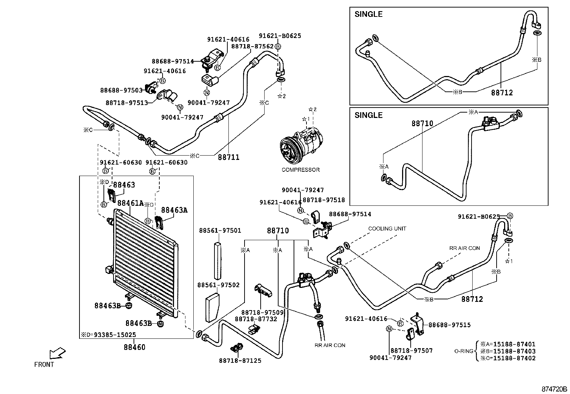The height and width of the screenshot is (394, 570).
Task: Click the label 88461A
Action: [130, 203]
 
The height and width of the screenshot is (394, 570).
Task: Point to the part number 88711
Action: [228, 157]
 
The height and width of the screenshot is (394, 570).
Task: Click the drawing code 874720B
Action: [554, 389]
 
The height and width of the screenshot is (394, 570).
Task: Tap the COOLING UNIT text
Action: [387, 229]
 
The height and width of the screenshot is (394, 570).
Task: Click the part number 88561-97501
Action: [220, 231]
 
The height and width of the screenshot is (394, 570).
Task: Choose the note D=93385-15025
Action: [108, 335]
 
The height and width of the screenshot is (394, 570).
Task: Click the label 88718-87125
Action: [240, 361]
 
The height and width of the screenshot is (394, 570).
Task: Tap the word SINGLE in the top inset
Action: [368, 14]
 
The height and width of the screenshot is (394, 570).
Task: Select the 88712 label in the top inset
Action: [502, 92]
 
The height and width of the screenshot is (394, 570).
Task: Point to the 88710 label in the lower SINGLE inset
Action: [422, 123]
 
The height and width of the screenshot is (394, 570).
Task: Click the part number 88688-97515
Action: [449, 325]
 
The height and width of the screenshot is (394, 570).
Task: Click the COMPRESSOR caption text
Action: [300, 170]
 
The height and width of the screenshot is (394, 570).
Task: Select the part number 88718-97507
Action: [411, 351]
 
